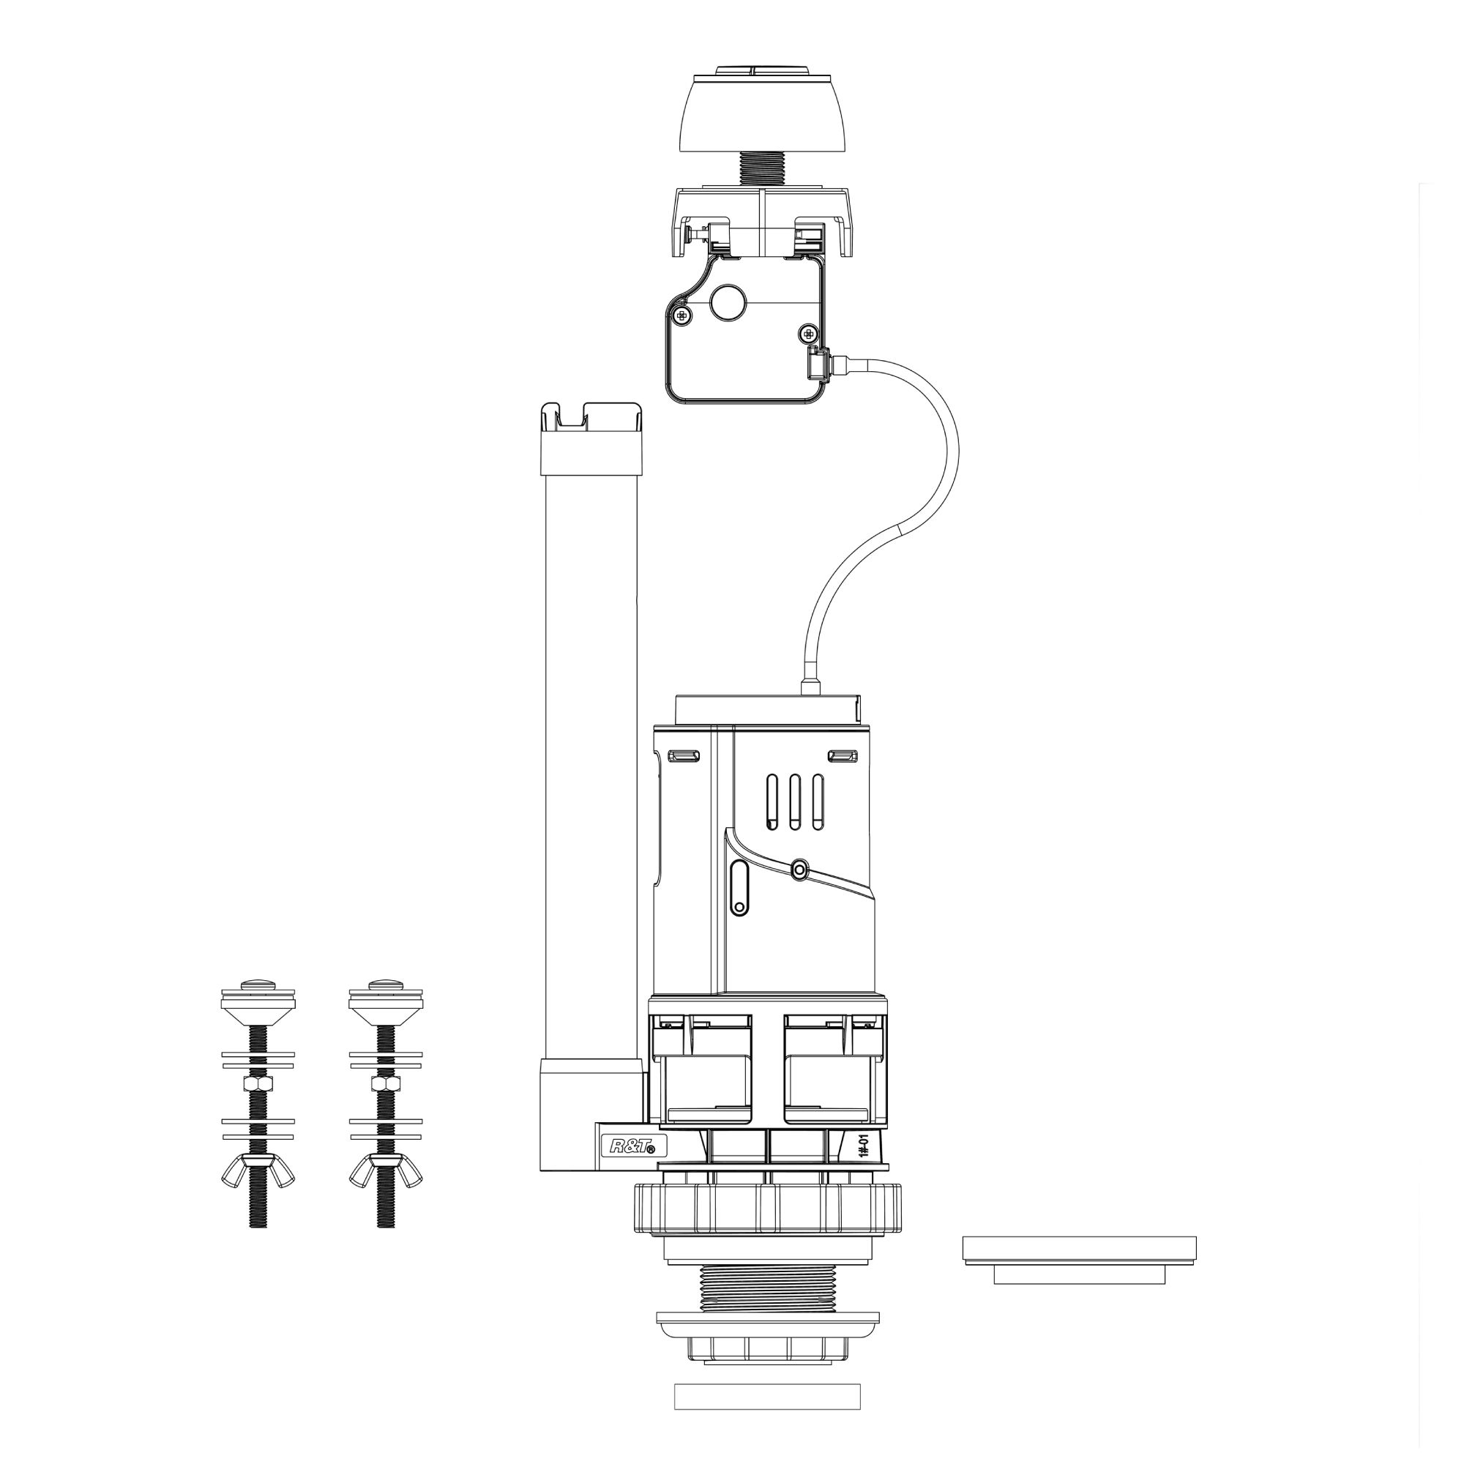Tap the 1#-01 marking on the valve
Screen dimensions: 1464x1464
tap(864, 1163)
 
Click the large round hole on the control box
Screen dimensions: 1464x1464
tap(728, 302)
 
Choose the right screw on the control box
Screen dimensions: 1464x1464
tap(810, 332)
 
